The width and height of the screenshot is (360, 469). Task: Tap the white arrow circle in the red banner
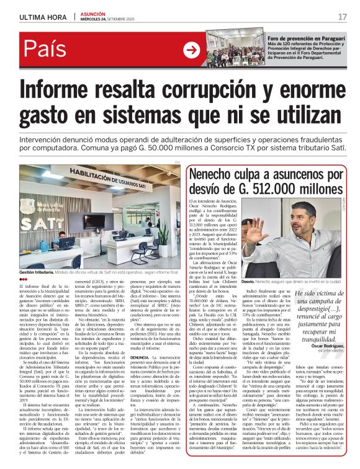pos(192,50)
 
